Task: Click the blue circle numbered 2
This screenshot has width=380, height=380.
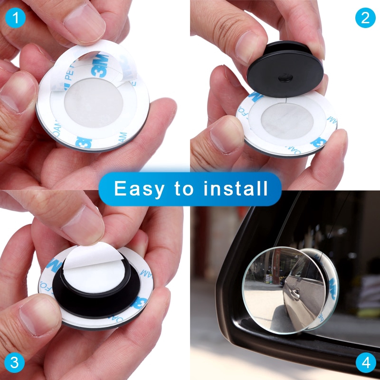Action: [x=365, y=18]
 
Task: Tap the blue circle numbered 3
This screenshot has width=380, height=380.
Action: [x=15, y=363]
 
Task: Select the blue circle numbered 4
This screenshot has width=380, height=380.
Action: [x=365, y=363]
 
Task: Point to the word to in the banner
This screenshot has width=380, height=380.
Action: [x=184, y=189]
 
